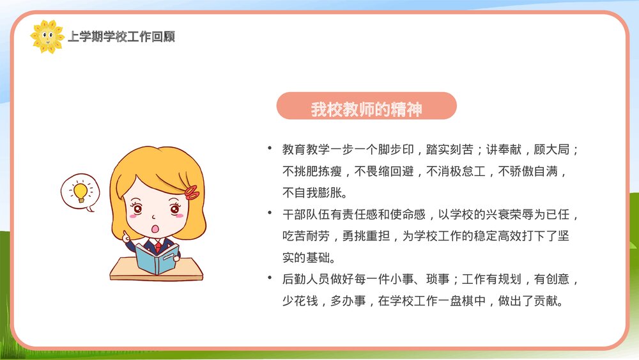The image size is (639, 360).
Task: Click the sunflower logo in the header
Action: coord(47,36)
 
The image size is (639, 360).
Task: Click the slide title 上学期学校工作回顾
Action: coord(121,37)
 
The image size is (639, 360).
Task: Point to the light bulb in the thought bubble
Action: coord(80,191)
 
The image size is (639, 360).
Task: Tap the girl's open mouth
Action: coord(154,228)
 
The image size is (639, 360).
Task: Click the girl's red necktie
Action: coord(158,246)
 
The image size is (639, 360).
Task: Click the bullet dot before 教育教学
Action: coord(270,149)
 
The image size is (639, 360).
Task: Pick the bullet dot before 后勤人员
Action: coord(270,279)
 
